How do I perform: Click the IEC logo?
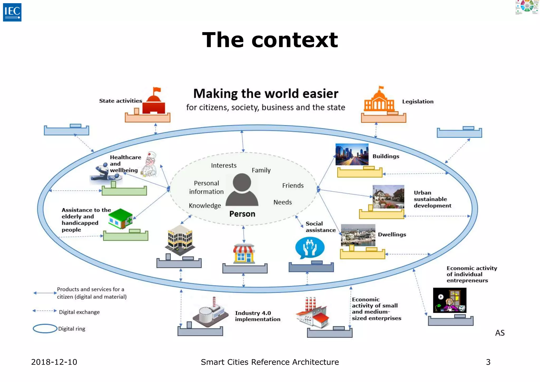(x=12, y=12)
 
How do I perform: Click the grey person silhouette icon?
(x=242, y=190)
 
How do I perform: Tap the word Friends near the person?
(x=293, y=185)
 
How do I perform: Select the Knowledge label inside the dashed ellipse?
(x=205, y=206)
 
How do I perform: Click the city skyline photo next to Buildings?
(x=352, y=154)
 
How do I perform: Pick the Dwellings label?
(x=392, y=235)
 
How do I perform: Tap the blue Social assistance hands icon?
(x=310, y=248)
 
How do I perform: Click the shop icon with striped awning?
(x=244, y=254)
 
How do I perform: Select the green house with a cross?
(x=120, y=219)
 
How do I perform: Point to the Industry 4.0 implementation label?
(x=257, y=316)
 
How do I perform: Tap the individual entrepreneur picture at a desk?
(x=450, y=300)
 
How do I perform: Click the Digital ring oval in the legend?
(x=45, y=328)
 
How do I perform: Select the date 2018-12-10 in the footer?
(x=54, y=362)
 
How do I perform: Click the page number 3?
(x=488, y=362)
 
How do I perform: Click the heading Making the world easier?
(x=266, y=94)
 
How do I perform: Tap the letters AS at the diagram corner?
(x=500, y=333)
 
